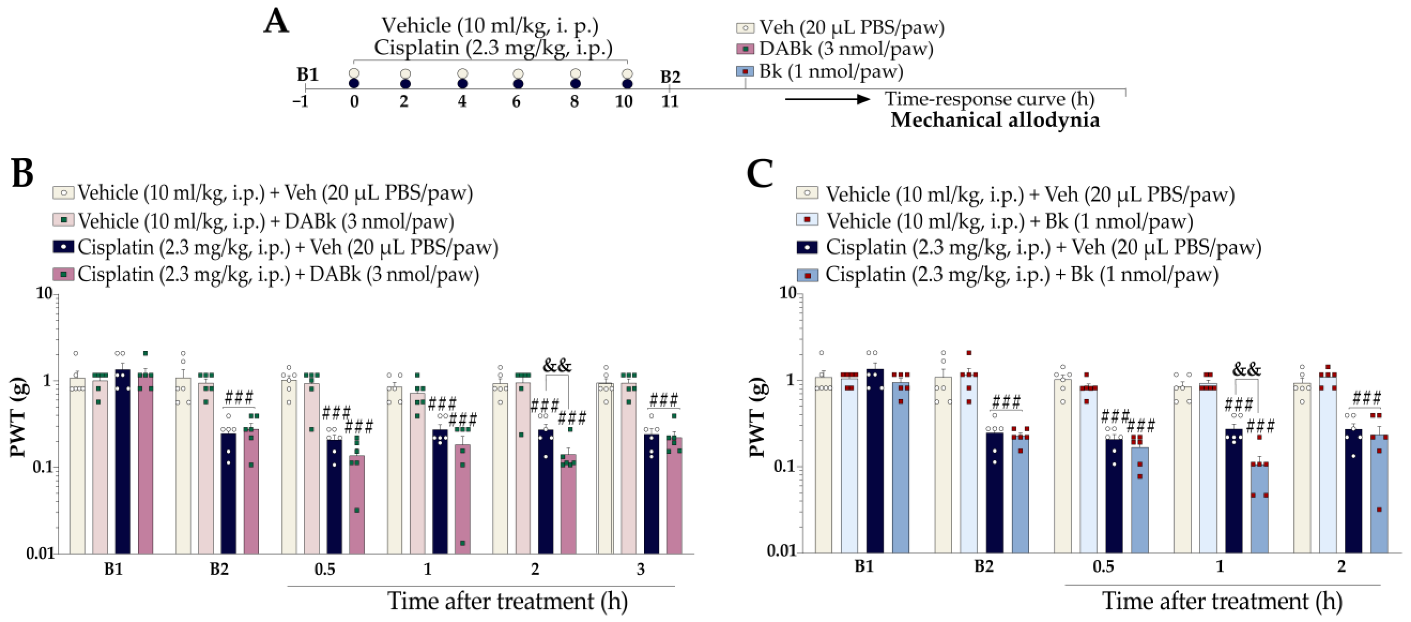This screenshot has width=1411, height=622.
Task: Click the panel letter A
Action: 276,23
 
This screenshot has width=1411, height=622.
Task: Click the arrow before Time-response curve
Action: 827,99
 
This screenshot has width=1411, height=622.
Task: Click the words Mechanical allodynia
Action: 995,120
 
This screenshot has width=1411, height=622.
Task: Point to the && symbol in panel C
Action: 1247,370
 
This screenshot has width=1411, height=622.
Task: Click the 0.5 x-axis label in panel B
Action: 324,570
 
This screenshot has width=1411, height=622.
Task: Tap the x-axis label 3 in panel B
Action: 640,570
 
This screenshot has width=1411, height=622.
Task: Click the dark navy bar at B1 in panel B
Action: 123,466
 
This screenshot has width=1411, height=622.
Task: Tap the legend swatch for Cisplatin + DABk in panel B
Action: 63,274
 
